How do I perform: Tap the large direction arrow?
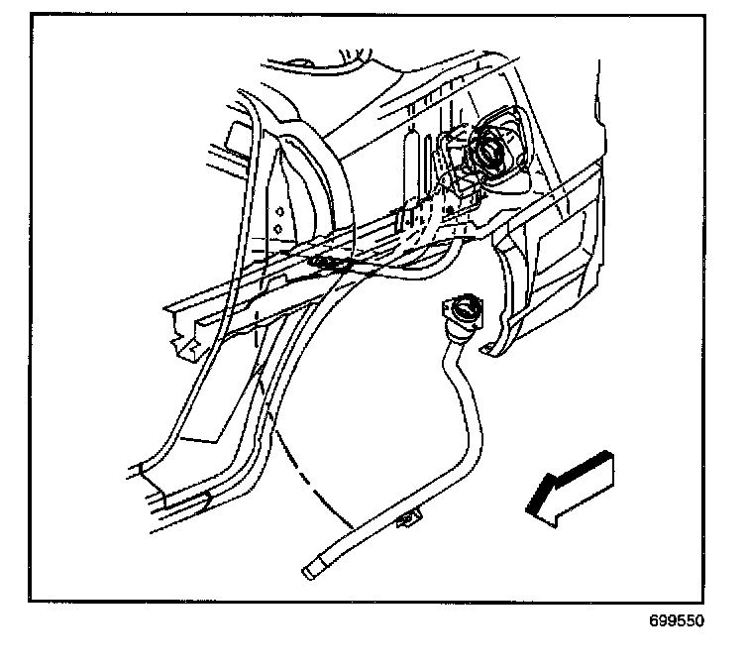click(570, 486)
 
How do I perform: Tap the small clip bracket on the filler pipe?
click(408, 520)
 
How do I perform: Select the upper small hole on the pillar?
click(279, 211)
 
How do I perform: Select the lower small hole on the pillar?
click(278, 229)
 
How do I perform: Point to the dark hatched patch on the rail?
click(329, 263)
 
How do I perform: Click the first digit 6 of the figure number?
click(654, 622)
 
